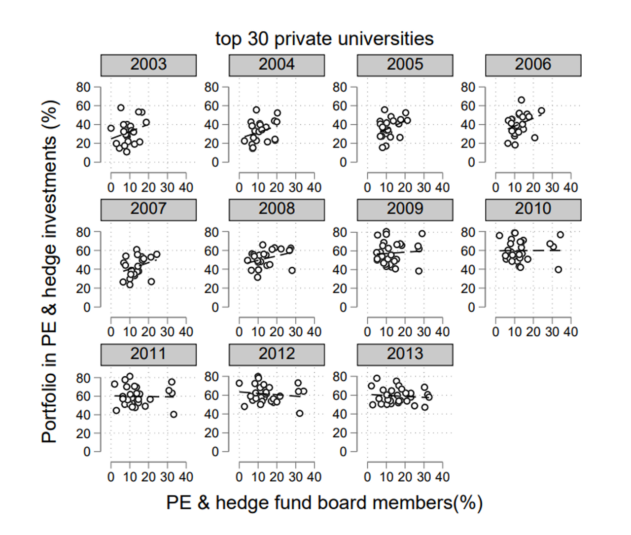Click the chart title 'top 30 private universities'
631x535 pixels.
click(324, 39)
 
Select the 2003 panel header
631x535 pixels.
click(148, 65)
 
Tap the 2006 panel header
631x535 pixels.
click(533, 65)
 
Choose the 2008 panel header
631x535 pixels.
click(277, 209)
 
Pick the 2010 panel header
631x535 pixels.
click(533, 209)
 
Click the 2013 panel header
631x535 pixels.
click(405, 354)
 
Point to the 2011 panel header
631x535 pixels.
click(148, 354)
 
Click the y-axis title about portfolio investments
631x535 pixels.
click(50, 271)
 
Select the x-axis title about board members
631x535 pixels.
click(324, 503)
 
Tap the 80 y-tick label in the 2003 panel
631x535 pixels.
click(83, 87)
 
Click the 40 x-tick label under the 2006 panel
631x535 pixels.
click(570, 188)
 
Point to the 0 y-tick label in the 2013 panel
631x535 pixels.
click(343, 452)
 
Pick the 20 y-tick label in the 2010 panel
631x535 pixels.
click(468, 288)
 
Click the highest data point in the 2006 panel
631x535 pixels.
click(521, 100)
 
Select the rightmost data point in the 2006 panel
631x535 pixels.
click(541, 111)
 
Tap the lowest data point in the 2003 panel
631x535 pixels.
click(127, 152)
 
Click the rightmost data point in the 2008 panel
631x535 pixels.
click(292, 270)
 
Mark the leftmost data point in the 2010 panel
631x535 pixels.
click(499, 236)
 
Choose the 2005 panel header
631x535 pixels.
click(405, 65)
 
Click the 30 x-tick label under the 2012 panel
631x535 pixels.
click(295, 477)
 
